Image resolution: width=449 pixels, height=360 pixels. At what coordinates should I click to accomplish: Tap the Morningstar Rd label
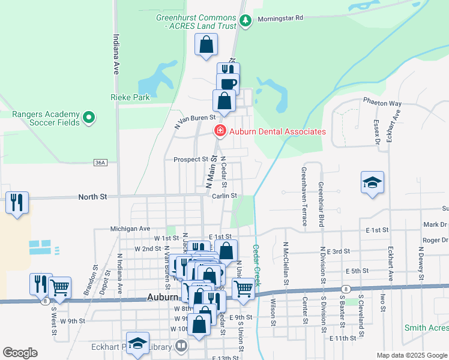coord(281,19)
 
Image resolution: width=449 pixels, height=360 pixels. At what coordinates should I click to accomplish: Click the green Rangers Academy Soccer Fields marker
coord(89,118)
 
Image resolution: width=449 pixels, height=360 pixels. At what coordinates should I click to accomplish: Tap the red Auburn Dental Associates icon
coord(220,131)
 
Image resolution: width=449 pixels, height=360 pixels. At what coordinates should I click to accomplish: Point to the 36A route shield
coord(100,163)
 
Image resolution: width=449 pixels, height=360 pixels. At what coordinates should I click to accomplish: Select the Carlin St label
coord(226,196)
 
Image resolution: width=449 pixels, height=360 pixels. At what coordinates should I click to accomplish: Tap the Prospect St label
coord(190,160)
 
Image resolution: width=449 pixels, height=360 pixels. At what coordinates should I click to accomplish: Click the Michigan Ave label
coord(130,229)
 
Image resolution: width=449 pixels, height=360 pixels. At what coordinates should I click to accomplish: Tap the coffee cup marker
coord(228,83)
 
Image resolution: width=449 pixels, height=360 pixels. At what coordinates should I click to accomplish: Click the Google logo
coord(20,353)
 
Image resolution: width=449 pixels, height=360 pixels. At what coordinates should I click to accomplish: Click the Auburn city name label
coord(163,296)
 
